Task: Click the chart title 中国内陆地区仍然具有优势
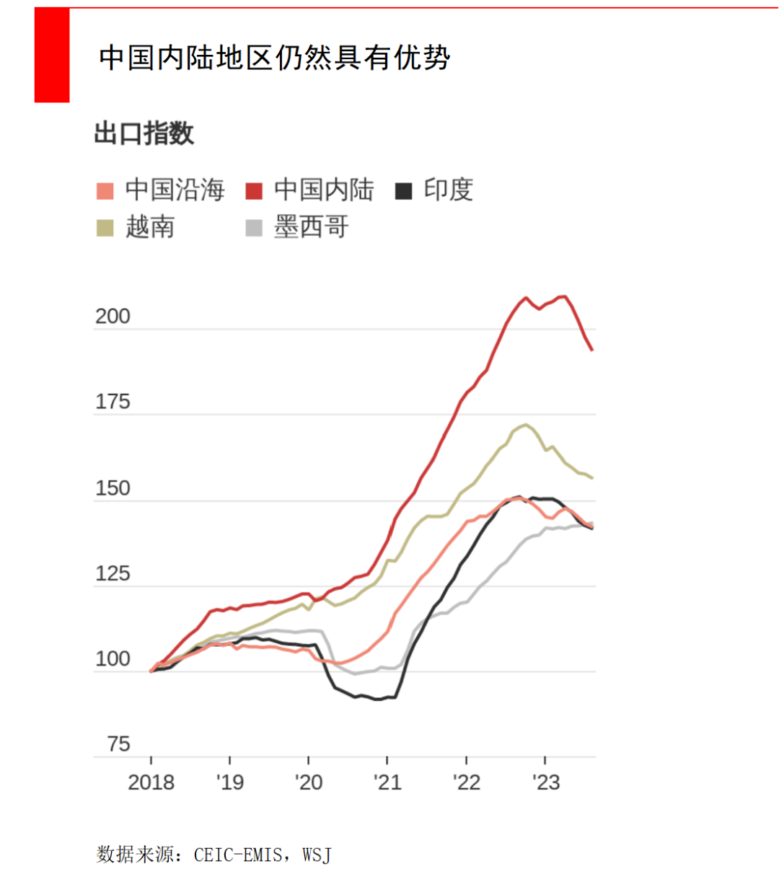pyautogui.click(x=275, y=58)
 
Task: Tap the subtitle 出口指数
pyautogui.click(x=144, y=133)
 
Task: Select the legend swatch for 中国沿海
pyautogui.click(x=105, y=191)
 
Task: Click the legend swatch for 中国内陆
pyautogui.click(x=254, y=191)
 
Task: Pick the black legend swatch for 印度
pyautogui.click(x=403, y=191)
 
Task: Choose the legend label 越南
pyautogui.click(x=150, y=227)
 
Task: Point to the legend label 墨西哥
pyautogui.click(x=311, y=227)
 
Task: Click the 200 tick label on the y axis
pyautogui.click(x=113, y=317)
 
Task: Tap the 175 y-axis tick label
pyautogui.click(x=113, y=402)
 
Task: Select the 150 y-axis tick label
pyautogui.click(x=113, y=488)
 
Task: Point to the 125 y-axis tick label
pyautogui.click(x=113, y=574)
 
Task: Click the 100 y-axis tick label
pyautogui.click(x=113, y=659)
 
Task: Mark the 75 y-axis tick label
pyautogui.click(x=118, y=744)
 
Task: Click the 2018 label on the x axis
pyautogui.click(x=151, y=782)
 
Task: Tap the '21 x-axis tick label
pyautogui.click(x=387, y=782)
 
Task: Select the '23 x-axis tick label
pyautogui.click(x=545, y=782)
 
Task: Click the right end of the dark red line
pyautogui.click(x=591, y=350)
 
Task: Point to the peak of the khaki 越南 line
pyautogui.click(x=525, y=425)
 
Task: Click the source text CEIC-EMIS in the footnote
pyautogui.click(x=238, y=855)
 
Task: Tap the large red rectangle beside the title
pyautogui.click(x=52, y=55)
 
